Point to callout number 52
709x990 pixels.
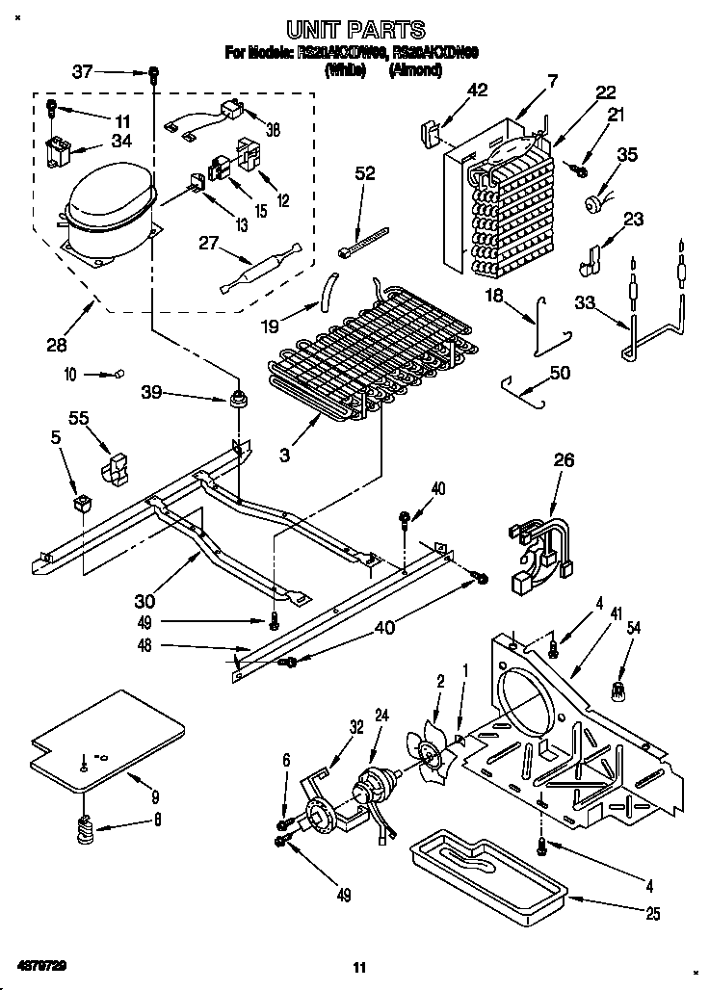coord(365,173)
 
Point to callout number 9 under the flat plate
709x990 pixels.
coord(154,796)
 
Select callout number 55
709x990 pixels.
coord(79,417)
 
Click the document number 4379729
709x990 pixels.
coord(42,964)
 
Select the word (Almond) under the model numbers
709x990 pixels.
coord(415,70)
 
